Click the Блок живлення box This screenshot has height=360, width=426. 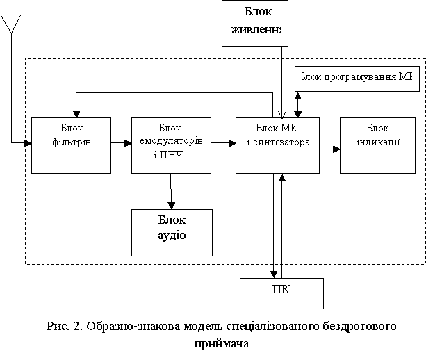[254, 22]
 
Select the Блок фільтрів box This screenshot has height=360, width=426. [72, 145]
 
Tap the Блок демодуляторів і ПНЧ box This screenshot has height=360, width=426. [172, 145]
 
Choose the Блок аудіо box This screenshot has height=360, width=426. [172, 231]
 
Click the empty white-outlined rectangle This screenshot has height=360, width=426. [162, 74]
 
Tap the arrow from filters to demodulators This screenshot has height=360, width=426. [121, 144]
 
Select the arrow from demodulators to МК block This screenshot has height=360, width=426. [224, 144]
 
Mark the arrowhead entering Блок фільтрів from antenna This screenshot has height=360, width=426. [28, 144]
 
